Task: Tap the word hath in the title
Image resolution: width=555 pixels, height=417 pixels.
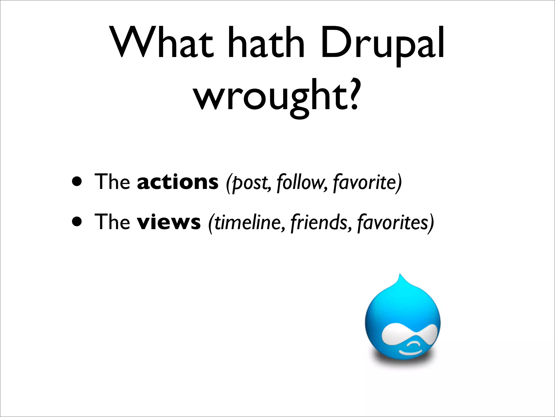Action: (266, 43)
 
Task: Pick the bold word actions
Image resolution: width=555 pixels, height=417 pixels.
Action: (178, 182)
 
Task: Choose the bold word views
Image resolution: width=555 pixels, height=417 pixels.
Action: (169, 222)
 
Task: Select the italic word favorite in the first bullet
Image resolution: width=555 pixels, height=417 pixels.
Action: (364, 182)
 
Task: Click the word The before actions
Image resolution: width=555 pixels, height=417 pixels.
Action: (112, 182)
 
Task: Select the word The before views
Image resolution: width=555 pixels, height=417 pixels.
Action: (112, 222)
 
